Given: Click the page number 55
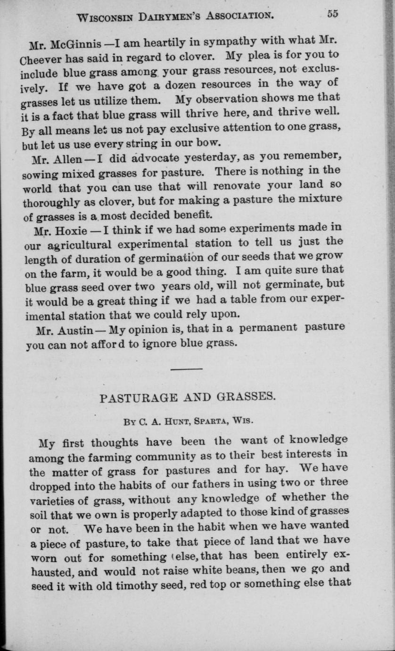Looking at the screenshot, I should [332, 14].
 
